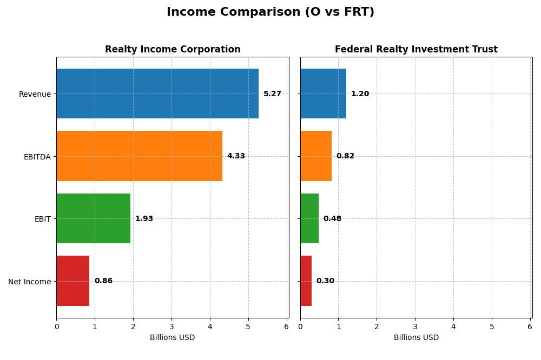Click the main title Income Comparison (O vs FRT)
pyautogui.click(x=270, y=12)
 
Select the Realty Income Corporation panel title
pyautogui.click(x=173, y=49)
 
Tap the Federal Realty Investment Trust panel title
pyautogui.click(x=416, y=49)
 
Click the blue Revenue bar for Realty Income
pyautogui.click(x=157, y=94)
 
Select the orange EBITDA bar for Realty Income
pyautogui.click(x=139, y=156)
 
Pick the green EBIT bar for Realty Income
pyautogui.click(x=93, y=218)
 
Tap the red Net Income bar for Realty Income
pyautogui.click(x=72, y=281)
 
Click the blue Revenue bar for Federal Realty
pyautogui.click(x=323, y=94)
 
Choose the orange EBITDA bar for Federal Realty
pyautogui.click(x=316, y=156)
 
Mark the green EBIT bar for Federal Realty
pyautogui.click(x=309, y=218)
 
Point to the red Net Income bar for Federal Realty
pyautogui.click(x=306, y=281)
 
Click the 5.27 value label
pyautogui.click(x=272, y=94)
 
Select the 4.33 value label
pyautogui.click(x=236, y=156)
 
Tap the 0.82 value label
pyautogui.click(x=345, y=156)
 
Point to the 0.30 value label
pyautogui.click(x=325, y=281)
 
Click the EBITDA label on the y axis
pyautogui.click(x=37, y=157)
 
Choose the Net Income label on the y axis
pyautogui.click(x=29, y=282)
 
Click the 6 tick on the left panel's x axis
pyautogui.click(x=286, y=326)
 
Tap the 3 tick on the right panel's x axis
pyautogui.click(x=415, y=326)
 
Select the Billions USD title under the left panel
pyautogui.click(x=172, y=337)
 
